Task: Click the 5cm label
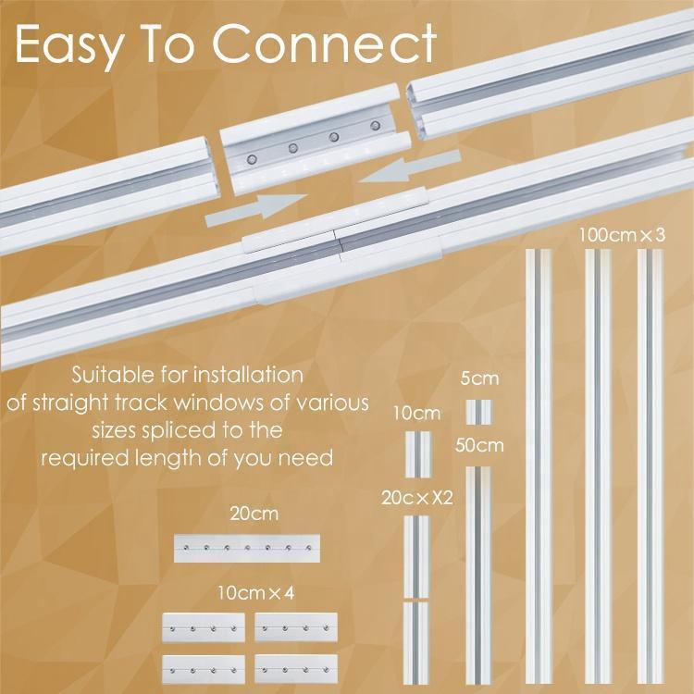pyautogui.click(x=479, y=378)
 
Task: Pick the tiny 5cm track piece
pyautogui.click(x=478, y=411)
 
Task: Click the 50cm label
pyautogui.click(x=479, y=446)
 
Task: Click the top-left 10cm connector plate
pyautogui.click(x=204, y=626)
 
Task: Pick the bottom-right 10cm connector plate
pyautogui.click(x=296, y=668)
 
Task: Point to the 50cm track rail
pyautogui.click(x=478, y=574)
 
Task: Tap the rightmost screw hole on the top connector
pyautogui.click(x=375, y=125)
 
